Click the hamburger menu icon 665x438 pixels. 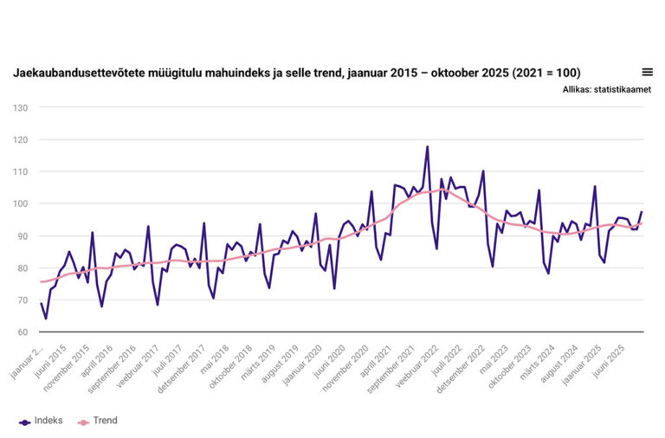pos(647,72)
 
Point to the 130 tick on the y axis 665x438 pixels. pos(21,107)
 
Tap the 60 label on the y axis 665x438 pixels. pos(23,332)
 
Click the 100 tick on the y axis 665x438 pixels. pos(21,203)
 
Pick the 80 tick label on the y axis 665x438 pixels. pos(23,267)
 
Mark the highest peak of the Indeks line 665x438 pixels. pos(427,147)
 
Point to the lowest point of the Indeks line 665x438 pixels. pos(46,319)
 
